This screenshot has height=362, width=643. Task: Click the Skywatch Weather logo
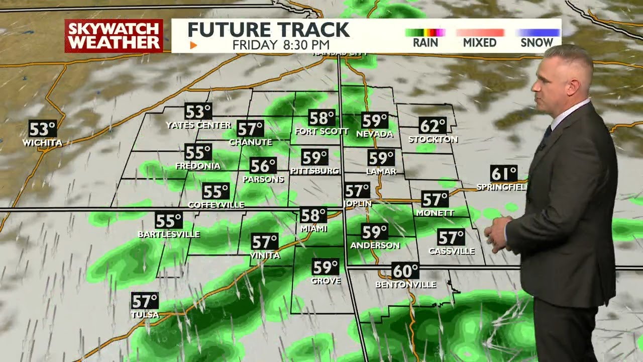(114, 36)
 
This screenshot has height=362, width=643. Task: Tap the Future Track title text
(268, 30)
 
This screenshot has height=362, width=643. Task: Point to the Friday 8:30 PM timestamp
(281, 45)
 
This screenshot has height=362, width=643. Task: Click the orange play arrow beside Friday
(193, 45)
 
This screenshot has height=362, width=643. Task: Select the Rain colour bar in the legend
(425, 33)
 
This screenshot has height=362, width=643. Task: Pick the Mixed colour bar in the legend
(480, 33)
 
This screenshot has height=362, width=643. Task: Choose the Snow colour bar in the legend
(537, 33)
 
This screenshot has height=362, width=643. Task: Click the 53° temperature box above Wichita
(42, 129)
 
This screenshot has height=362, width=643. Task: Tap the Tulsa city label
(145, 315)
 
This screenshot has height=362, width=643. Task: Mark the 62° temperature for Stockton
(433, 125)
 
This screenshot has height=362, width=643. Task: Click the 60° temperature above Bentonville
(405, 271)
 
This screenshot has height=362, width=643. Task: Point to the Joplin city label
(358, 203)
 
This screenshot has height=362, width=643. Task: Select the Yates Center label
(198, 125)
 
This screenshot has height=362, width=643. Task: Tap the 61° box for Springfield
(504, 173)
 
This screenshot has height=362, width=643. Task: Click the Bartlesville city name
(169, 234)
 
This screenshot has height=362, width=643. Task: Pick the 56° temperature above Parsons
(263, 165)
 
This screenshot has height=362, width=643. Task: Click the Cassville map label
(451, 251)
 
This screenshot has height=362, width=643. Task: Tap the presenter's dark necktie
(547, 134)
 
